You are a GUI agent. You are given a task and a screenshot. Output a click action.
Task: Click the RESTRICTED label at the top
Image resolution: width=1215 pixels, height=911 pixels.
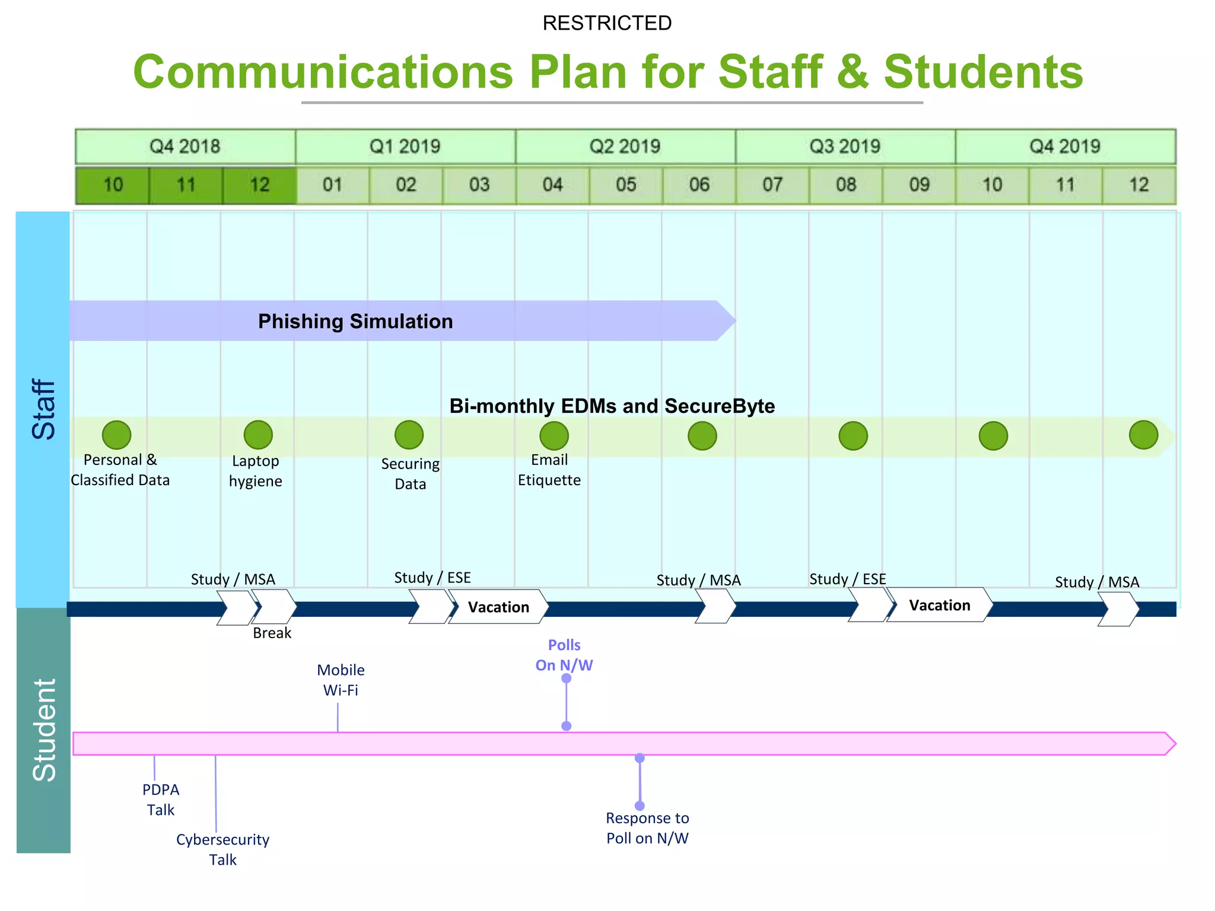pyautogui.click(x=607, y=23)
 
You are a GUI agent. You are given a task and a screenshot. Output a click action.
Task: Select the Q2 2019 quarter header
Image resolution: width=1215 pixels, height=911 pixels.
pyautogui.click(x=625, y=146)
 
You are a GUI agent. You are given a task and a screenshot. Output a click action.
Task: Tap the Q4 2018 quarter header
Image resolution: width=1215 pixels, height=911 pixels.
pyautogui.click(x=185, y=146)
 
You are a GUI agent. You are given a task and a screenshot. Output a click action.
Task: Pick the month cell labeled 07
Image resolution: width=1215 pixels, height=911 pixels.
pyautogui.click(x=772, y=185)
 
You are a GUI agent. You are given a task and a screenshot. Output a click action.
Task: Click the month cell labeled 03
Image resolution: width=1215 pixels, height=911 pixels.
pyautogui.click(x=479, y=185)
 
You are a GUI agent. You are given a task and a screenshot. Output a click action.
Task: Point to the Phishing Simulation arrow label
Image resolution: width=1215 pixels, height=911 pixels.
pyautogui.click(x=355, y=321)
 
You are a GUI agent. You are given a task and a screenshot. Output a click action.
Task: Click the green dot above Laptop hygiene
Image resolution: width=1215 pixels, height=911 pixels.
pyautogui.click(x=258, y=435)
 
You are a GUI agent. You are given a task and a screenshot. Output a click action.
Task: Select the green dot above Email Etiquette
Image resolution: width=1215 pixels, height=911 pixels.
pyautogui.click(x=554, y=436)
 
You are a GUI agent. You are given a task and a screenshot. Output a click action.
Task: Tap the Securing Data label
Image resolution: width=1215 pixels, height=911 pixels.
pyautogui.click(x=411, y=474)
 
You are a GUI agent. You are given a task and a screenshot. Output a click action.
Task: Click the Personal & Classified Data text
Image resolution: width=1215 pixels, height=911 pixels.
pyautogui.click(x=120, y=470)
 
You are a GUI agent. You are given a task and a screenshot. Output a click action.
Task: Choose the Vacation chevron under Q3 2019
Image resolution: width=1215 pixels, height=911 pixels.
pyautogui.click(x=940, y=606)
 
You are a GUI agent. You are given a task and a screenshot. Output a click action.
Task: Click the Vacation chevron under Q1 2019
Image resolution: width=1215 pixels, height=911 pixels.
pyautogui.click(x=498, y=607)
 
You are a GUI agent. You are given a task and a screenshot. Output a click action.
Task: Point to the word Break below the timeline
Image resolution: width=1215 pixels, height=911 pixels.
pyautogui.click(x=272, y=633)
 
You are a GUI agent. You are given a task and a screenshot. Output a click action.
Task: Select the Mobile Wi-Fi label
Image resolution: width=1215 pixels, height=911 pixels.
pyautogui.click(x=341, y=680)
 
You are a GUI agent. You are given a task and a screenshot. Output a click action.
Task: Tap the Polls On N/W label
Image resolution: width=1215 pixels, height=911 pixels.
pyautogui.click(x=564, y=655)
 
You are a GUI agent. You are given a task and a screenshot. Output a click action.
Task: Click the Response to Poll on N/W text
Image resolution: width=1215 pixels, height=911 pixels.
pyautogui.click(x=647, y=828)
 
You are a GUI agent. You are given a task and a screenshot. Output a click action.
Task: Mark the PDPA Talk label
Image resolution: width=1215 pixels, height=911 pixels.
pyautogui.click(x=161, y=799)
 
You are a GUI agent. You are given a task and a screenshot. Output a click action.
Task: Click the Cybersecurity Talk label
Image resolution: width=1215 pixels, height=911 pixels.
pyautogui.click(x=222, y=849)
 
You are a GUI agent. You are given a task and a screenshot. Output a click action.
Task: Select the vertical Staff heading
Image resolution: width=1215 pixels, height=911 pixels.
pyautogui.click(x=43, y=409)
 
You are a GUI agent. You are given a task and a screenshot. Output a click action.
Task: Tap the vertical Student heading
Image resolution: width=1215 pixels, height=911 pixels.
pyautogui.click(x=43, y=730)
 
